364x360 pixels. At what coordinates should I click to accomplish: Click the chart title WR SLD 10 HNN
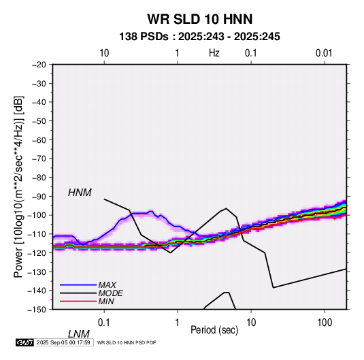(199, 19)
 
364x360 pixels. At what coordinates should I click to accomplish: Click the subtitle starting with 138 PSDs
(199, 37)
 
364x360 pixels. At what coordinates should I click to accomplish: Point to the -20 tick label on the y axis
(39, 65)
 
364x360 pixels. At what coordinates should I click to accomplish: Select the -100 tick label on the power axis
(37, 215)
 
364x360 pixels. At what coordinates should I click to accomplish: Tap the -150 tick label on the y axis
(37, 310)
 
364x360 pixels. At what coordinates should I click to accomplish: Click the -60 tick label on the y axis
(39, 140)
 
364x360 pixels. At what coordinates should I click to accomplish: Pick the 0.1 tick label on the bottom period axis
(104, 322)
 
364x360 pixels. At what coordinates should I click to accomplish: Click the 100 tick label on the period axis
(325, 322)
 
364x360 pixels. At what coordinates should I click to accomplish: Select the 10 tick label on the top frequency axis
(104, 53)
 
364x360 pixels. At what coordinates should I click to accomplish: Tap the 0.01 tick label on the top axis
(324, 53)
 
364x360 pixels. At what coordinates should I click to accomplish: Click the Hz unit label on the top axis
(214, 53)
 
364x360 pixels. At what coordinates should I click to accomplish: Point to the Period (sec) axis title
(214, 330)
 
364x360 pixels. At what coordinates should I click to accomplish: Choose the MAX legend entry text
(107, 285)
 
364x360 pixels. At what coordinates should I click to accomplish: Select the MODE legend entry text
(110, 293)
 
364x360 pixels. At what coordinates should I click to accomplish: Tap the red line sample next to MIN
(78, 301)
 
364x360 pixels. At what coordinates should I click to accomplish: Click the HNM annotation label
(80, 193)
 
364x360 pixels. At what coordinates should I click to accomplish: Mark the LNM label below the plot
(78, 334)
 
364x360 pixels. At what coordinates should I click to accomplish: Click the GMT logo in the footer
(25, 342)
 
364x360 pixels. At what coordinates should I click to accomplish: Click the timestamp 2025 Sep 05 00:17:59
(63, 342)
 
